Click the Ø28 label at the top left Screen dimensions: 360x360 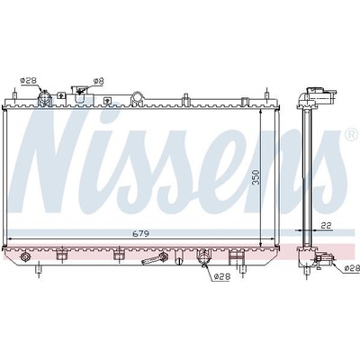tap(28, 80)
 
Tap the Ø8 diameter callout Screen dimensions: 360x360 tap(98, 81)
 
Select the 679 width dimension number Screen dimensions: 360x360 tap(140, 233)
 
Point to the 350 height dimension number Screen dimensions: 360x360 tap(256, 178)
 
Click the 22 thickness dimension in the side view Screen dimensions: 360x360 tap(326, 225)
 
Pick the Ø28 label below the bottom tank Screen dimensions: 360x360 tap(222, 277)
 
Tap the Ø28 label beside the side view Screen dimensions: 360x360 tap(352, 268)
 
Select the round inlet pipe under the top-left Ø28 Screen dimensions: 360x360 tap(44, 98)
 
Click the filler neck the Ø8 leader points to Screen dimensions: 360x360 tap(80, 94)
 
